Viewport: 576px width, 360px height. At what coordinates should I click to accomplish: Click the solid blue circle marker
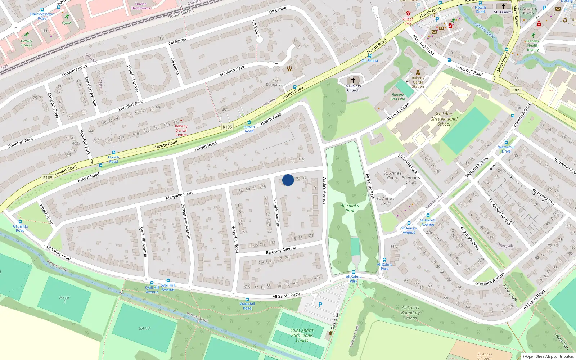(288, 180)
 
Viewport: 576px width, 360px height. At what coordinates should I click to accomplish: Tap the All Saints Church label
(353, 88)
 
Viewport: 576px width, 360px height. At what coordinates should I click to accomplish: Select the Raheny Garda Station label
(418, 82)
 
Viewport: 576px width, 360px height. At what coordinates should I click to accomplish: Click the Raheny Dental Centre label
(181, 130)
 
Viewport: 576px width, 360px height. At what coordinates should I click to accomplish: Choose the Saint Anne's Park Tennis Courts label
(302, 335)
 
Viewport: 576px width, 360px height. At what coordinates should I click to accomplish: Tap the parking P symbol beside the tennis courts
(320, 305)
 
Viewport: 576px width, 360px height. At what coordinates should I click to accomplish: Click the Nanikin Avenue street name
(276, 213)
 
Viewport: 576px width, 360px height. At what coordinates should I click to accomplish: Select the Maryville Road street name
(179, 195)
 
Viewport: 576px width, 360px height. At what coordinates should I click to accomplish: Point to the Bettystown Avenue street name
(185, 221)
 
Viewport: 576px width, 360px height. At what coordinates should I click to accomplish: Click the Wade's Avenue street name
(324, 190)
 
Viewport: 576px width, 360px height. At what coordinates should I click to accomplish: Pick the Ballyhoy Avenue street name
(281, 250)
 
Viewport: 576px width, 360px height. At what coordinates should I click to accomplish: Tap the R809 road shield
(516, 90)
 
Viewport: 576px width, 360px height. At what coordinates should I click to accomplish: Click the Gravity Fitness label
(26, 43)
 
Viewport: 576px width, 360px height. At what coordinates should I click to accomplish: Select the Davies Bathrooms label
(141, 6)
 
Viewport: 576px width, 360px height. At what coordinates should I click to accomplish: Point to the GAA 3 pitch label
(144, 328)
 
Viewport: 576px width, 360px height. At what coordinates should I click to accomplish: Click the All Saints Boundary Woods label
(410, 313)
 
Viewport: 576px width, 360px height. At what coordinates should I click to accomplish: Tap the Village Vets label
(408, 21)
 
